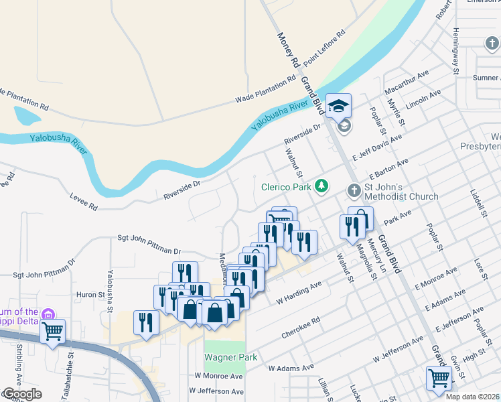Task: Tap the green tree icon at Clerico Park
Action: click(x=322, y=185)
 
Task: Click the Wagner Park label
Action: click(x=231, y=358)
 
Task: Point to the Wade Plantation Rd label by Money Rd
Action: click(x=265, y=90)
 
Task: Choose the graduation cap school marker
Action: click(x=338, y=105)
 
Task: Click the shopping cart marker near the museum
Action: click(x=52, y=330)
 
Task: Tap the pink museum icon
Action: click(x=48, y=314)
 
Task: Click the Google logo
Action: click(x=21, y=394)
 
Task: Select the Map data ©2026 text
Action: click(x=472, y=396)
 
